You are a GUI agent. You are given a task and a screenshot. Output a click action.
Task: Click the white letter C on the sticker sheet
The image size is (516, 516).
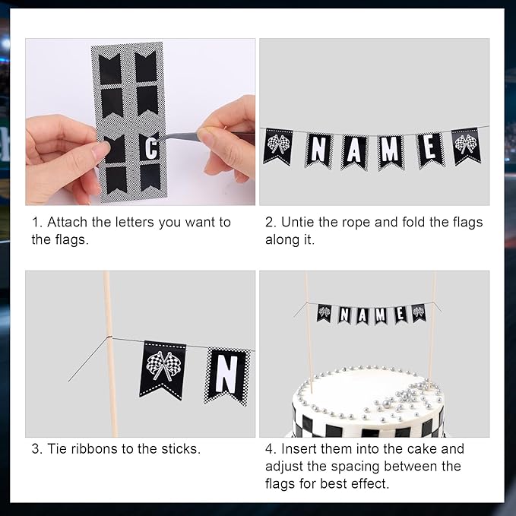(151, 148)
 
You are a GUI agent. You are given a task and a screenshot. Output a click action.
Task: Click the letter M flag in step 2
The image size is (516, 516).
(391, 152)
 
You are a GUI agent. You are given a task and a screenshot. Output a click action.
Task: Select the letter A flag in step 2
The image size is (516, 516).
(354, 152)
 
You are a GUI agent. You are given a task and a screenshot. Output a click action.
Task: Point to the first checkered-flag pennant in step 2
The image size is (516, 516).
(277, 147)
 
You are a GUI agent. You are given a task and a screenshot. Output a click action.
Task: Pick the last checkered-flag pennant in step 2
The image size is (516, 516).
(467, 146)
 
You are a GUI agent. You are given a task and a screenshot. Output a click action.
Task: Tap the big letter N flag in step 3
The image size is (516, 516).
(226, 376)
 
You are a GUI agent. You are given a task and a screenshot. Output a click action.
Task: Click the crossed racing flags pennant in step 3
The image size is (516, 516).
(162, 371)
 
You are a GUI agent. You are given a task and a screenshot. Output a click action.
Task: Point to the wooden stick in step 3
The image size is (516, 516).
(111, 354)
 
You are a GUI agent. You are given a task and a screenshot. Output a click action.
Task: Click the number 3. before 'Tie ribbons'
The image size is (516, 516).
(37, 449)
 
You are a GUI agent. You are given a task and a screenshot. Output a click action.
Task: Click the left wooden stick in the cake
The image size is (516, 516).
(308, 332)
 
